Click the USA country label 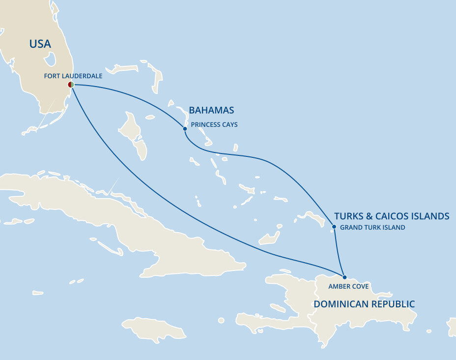tap(40, 44)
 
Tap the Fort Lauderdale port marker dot tap(71, 85)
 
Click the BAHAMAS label tap(211, 110)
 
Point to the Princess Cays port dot tap(185, 129)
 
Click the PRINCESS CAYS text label tap(214, 125)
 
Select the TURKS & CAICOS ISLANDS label tap(392, 216)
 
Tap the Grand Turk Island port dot tap(334, 227)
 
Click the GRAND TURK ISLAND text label tap(372, 228)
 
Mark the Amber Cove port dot tap(344, 277)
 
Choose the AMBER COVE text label tap(348, 287)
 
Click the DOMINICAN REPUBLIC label tap(364, 304)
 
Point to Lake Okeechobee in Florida tap(50, 60)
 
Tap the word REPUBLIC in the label tap(391, 304)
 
